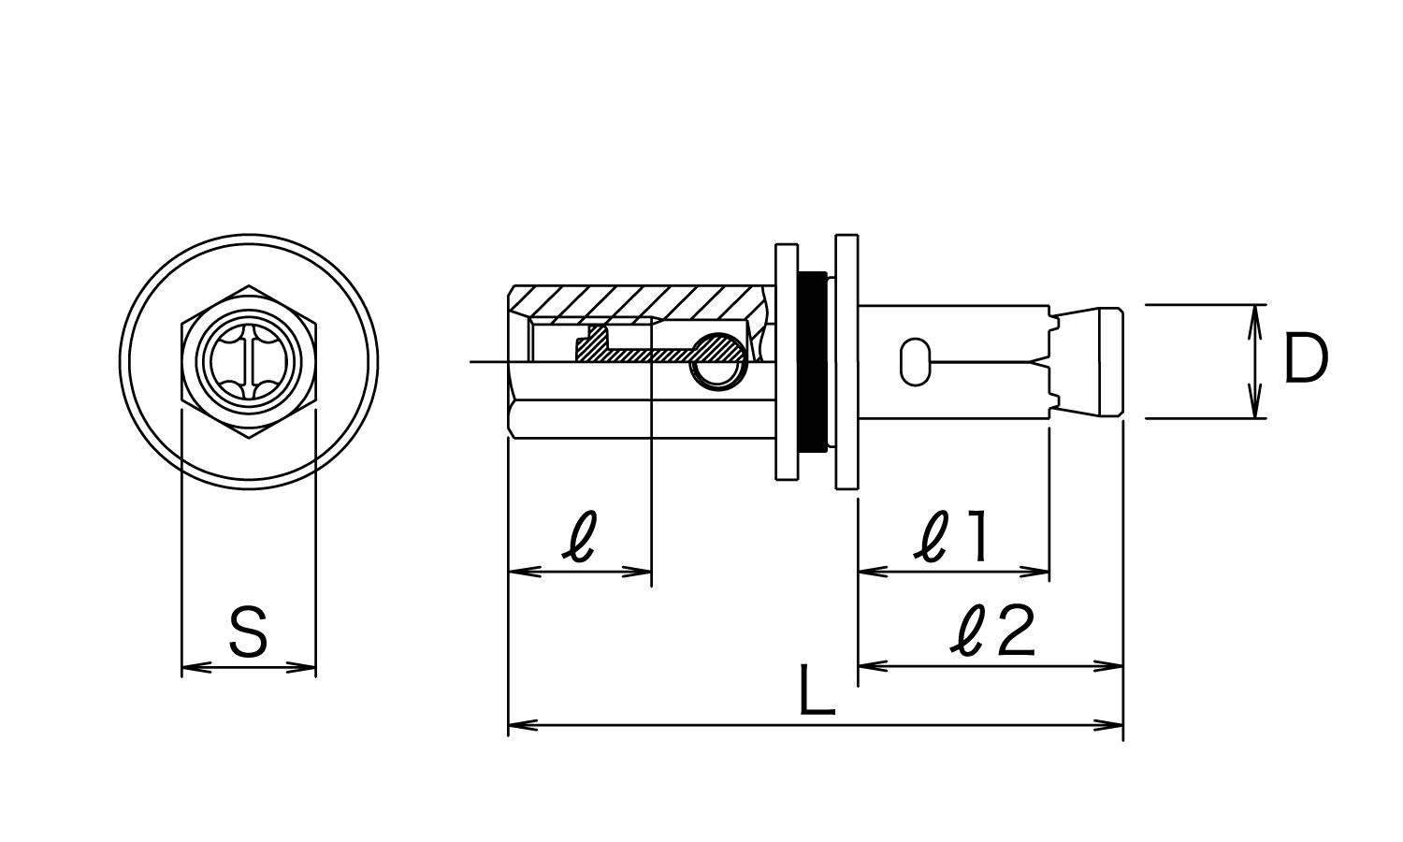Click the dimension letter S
(x=249, y=631)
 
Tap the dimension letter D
(x=1306, y=357)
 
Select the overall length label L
(x=817, y=690)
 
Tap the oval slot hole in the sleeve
(x=915, y=362)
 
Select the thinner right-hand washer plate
(x=846, y=362)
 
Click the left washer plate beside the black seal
(x=787, y=361)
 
